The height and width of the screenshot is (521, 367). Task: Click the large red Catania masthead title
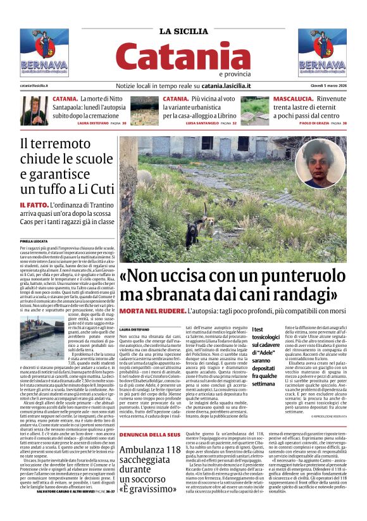tap(183, 57)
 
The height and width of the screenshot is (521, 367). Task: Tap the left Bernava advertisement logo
tap(44, 53)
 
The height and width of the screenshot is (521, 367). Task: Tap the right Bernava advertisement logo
tap(322, 53)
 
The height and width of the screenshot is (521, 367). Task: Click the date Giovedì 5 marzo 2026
tap(327, 85)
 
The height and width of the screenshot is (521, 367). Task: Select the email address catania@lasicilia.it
tap(38, 85)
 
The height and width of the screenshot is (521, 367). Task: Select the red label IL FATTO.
tap(32, 206)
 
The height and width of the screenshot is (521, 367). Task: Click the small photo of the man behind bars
tap(34, 110)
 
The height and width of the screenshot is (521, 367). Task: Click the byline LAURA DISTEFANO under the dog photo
tap(134, 330)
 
